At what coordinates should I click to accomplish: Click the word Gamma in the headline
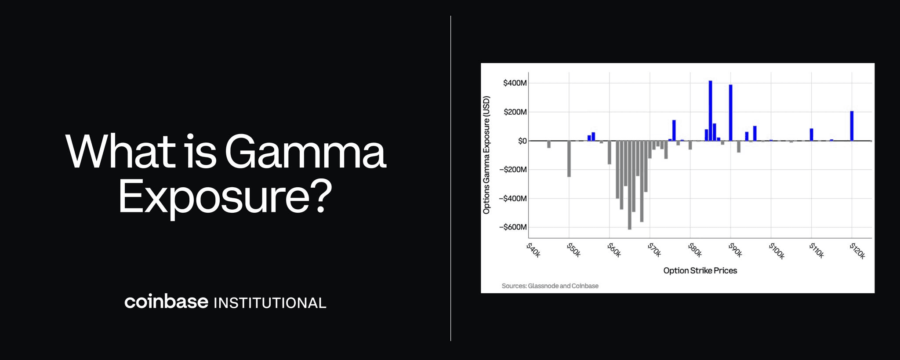[x=305, y=152]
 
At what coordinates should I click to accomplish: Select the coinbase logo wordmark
[x=166, y=302]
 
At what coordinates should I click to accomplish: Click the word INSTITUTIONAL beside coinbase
[x=270, y=303]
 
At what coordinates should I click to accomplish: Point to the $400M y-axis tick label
[x=515, y=83]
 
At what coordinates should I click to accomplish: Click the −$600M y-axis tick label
[x=513, y=227]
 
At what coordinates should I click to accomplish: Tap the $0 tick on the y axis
[x=522, y=141]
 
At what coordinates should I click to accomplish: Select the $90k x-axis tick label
[x=735, y=250]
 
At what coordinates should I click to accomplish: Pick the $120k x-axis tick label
[x=857, y=251]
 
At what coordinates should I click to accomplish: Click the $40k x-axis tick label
[x=533, y=250]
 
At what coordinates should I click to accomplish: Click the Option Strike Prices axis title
[x=700, y=271]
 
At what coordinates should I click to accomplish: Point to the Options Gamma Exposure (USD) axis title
[x=486, y=155]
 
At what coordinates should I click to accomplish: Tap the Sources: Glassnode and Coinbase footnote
[x=550, y=286]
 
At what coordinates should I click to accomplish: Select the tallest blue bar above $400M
[x=710, y=111]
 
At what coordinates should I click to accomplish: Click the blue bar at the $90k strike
[x=730, y=113]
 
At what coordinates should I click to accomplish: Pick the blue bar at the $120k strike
[x=852, y=126]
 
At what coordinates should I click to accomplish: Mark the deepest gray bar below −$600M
[x=629, y=185]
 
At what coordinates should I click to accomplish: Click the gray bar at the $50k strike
[x=569, y=159]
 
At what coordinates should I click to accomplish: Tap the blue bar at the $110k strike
[x=811, y=135]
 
